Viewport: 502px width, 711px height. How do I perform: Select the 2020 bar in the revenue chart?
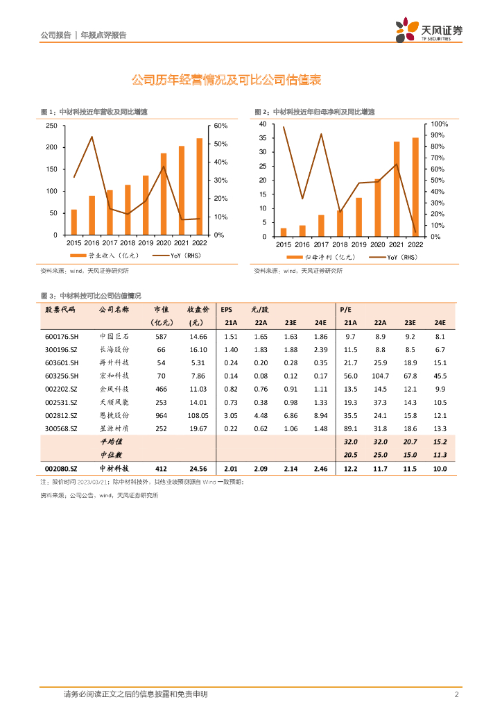coord(164,194)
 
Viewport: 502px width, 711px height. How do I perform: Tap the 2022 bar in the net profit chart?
coord(415,187)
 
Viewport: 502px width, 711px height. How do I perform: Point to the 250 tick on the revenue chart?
coord(51,126)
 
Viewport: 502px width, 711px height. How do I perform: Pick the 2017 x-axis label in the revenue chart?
coord(110,243)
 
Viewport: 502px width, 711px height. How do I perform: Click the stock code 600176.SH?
coord(62,336)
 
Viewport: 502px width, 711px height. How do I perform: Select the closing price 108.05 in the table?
coord(198,415)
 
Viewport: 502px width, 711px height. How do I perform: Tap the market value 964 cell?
coord(160,415)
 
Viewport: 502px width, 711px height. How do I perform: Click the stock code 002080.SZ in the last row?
coord(62,469)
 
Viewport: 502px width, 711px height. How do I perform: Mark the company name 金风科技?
coord(114,389)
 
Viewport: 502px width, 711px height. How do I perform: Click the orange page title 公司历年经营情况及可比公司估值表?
coord(226,81)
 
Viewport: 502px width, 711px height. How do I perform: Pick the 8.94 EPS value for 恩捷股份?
coord(320,415)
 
